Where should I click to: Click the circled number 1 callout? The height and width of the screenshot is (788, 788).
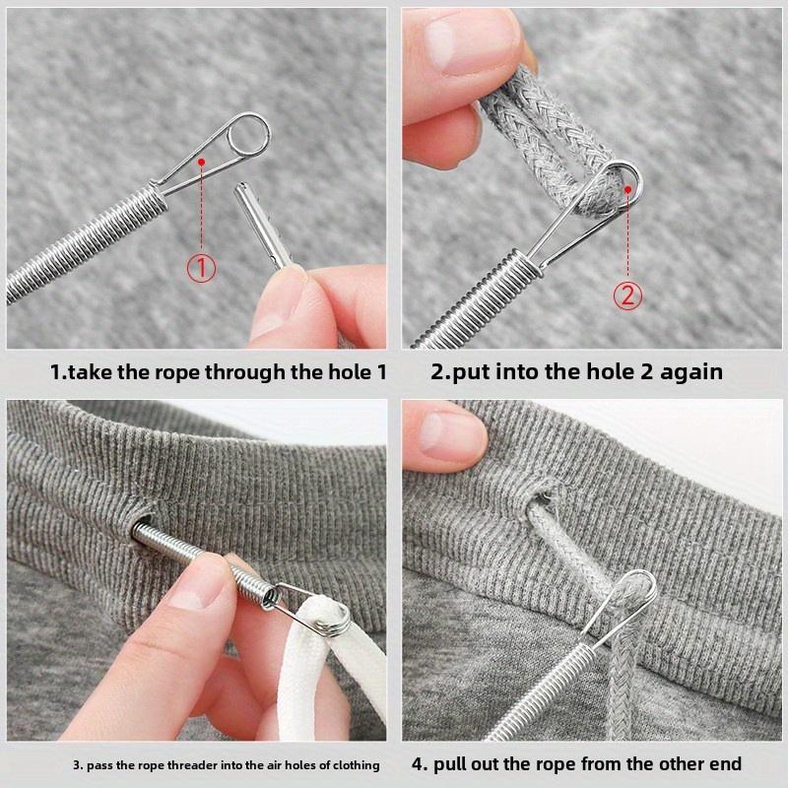pos(201,267)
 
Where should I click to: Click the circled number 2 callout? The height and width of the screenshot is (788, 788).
pos(627,295)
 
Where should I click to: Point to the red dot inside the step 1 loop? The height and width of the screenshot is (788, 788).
pos(201,161)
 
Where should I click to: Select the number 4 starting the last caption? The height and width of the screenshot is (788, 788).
pos(416,763)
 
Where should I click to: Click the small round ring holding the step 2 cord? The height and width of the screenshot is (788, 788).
pos(623,184)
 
